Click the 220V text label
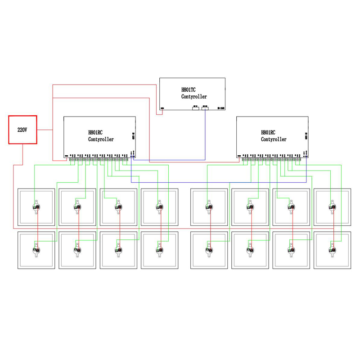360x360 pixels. pos(22,130)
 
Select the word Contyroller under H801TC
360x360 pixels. pos(194,97)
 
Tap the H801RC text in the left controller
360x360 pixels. pos(95,133)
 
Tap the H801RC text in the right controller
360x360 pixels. pos(268,133)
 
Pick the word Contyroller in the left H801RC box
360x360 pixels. pos(101,139)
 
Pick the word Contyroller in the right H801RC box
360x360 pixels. pos(274,139)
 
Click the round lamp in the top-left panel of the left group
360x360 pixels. pos(36,207)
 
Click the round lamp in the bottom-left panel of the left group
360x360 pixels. pos(36,250)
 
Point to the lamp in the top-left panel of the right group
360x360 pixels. pos(209,207)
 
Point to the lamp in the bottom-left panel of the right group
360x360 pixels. pos(209,250)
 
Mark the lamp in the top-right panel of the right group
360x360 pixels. pos(333,207)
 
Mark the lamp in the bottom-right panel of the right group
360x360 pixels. pos(333,250)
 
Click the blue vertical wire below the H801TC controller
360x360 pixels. pos(205,135)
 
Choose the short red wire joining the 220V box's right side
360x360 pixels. pos(45,130)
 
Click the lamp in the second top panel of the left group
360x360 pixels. pos(78,207)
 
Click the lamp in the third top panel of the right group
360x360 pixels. pos(292,207)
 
